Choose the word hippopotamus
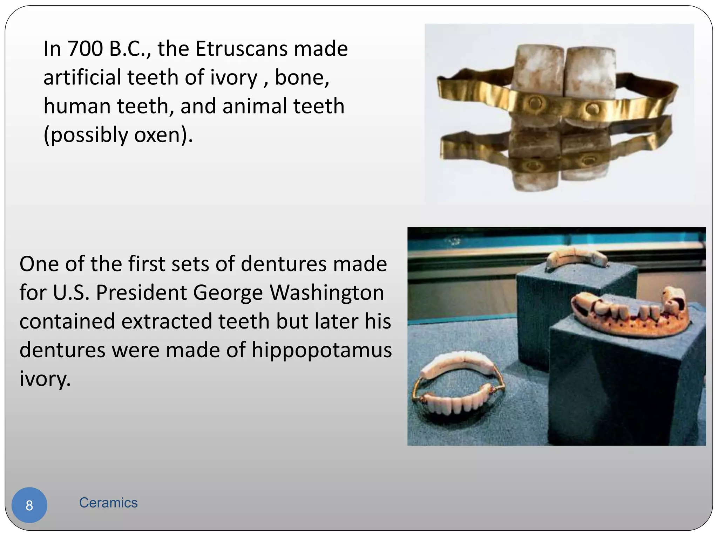coord(321,350)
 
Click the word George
coord(228,293)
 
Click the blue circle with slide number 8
coord(29,505)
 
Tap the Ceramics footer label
coord(108,503)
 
